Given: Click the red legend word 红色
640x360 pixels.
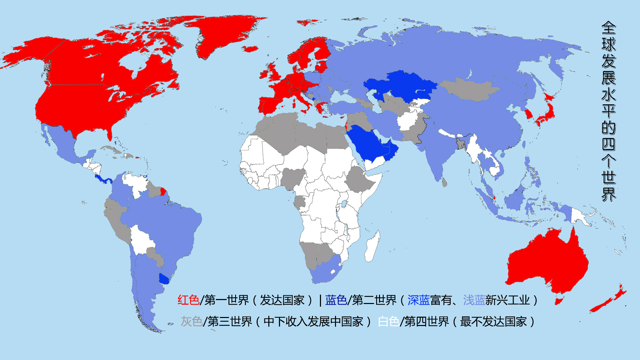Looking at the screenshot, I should (x=188, y=300).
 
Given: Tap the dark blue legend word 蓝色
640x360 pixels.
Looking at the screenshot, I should (x=336, y=300).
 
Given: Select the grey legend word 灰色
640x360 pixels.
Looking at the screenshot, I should (x=192, y=321).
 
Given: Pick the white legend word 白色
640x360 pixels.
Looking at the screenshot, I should (x=389, y=321).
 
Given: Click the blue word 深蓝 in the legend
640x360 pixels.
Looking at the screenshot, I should (x=418, y=300).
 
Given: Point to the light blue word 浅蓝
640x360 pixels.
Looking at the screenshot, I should (x=474, y=300).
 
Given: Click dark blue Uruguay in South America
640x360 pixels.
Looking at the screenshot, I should (x=164, y=279).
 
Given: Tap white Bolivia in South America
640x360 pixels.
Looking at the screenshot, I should (x=142, y=240).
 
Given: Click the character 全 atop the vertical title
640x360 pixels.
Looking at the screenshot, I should (x=609, y=28).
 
